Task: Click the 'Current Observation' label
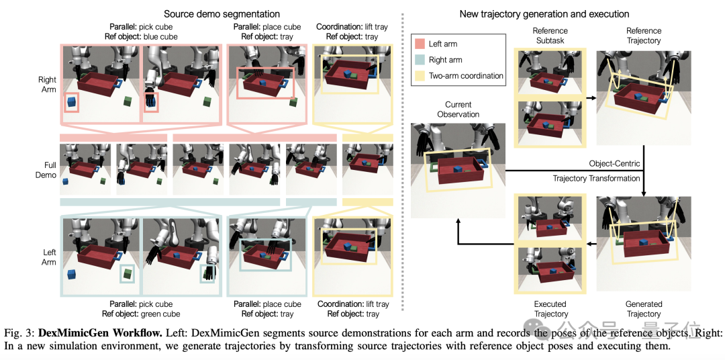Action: (458, 109)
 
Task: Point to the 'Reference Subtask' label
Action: (551, 36)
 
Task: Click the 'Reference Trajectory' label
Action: (643, 36)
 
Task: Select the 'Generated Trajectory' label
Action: (643, 309)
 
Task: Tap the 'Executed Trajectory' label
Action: (551, 309)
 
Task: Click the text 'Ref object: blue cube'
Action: (140, 37)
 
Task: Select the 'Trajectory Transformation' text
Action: (596, 178)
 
